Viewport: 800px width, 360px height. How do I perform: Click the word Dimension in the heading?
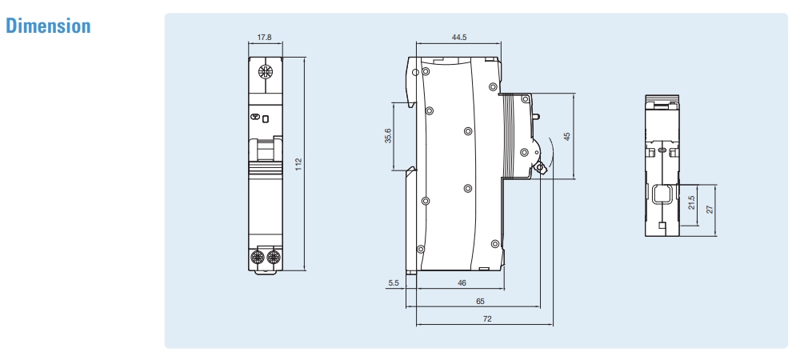[x=50, y=26]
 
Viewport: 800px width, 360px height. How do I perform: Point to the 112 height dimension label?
[x=298, y=163]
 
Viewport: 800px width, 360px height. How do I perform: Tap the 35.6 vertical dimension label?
[x=388, y=136]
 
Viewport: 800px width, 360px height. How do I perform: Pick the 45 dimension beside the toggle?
[x=567, y=136]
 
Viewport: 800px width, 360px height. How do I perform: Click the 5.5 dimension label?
[x=393, y=282]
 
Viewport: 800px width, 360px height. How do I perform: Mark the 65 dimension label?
[x=480, y=302]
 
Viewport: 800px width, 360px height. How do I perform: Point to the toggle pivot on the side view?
[x=540, y=167]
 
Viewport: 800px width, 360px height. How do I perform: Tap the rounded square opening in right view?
[x=662, y=194]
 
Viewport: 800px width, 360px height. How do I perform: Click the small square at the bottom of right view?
[x=661, y=226]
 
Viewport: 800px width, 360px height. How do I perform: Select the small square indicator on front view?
[x=266, y=118]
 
